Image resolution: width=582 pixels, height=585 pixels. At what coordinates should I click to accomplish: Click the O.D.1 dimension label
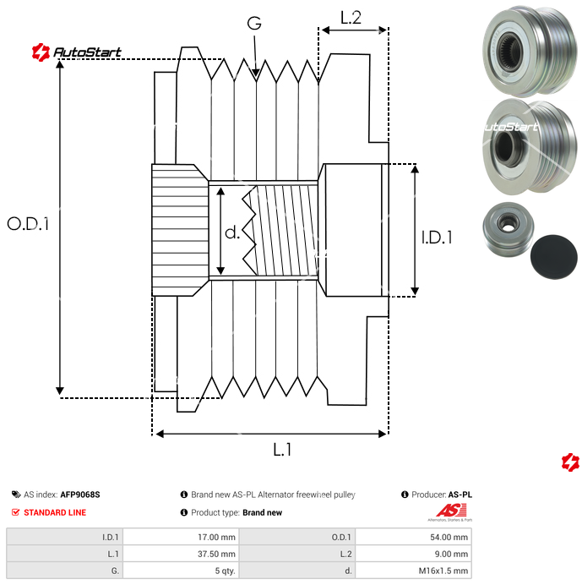click(x=29, y=224)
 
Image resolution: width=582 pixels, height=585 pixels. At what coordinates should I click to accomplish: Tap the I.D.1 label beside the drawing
click(x=437, y=238)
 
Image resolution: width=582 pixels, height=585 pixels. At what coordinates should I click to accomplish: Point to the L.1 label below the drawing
click(x=282, y=450)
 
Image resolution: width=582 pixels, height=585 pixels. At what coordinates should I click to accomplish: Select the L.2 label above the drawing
click(x=351, y=17)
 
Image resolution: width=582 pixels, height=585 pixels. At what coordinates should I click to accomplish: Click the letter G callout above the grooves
click(x=254, y=24)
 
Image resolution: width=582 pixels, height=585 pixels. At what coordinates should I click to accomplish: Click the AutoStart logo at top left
click(x=77, y=52)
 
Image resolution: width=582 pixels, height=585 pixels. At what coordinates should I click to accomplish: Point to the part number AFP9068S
click(x=85, y=495)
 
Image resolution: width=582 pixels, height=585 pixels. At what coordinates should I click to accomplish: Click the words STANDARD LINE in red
click(x=55, y=512)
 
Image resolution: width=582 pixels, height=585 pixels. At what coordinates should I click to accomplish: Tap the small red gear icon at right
click(x=570, y=462)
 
